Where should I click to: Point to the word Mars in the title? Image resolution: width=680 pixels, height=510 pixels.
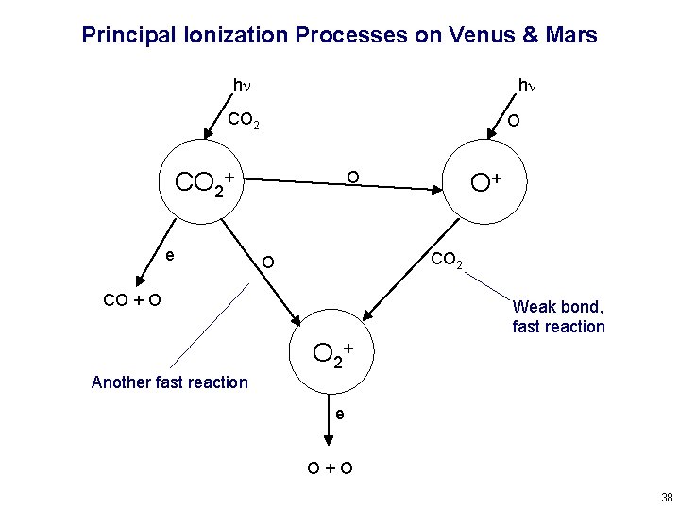pos(571,36)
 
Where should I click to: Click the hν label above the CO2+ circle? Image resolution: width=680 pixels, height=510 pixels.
pos(243,87)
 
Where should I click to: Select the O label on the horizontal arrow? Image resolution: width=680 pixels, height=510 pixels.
pos(352,177)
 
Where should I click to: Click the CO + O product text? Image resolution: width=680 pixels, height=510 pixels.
pos(131,301)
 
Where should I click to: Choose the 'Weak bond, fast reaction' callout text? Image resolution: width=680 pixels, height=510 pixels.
pos(558,317)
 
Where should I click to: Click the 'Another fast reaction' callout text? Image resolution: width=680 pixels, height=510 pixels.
pos(170,382)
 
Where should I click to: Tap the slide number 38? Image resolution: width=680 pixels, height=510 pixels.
pos(667,497)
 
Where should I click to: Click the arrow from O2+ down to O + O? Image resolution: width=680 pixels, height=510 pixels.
pos(328,420)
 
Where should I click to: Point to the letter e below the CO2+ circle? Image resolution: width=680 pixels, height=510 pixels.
pos(168,254)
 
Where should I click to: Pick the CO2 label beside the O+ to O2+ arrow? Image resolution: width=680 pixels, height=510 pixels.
pos(447,261)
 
